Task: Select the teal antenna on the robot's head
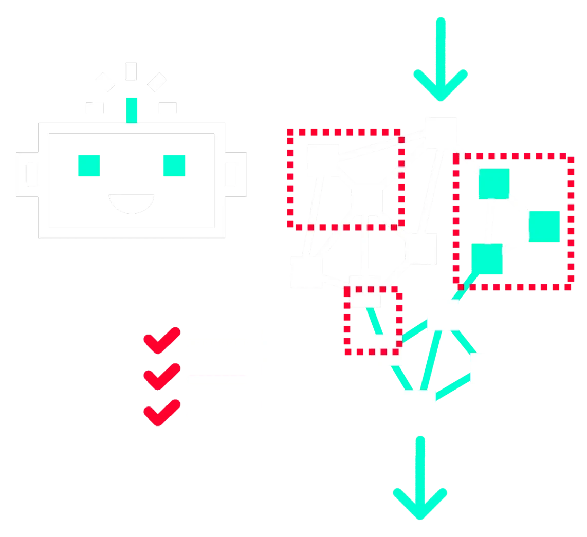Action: click(x=132, y=108)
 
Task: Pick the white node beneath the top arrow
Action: click(x=443, y=128)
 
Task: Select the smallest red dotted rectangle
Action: click(x=372, y=321)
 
